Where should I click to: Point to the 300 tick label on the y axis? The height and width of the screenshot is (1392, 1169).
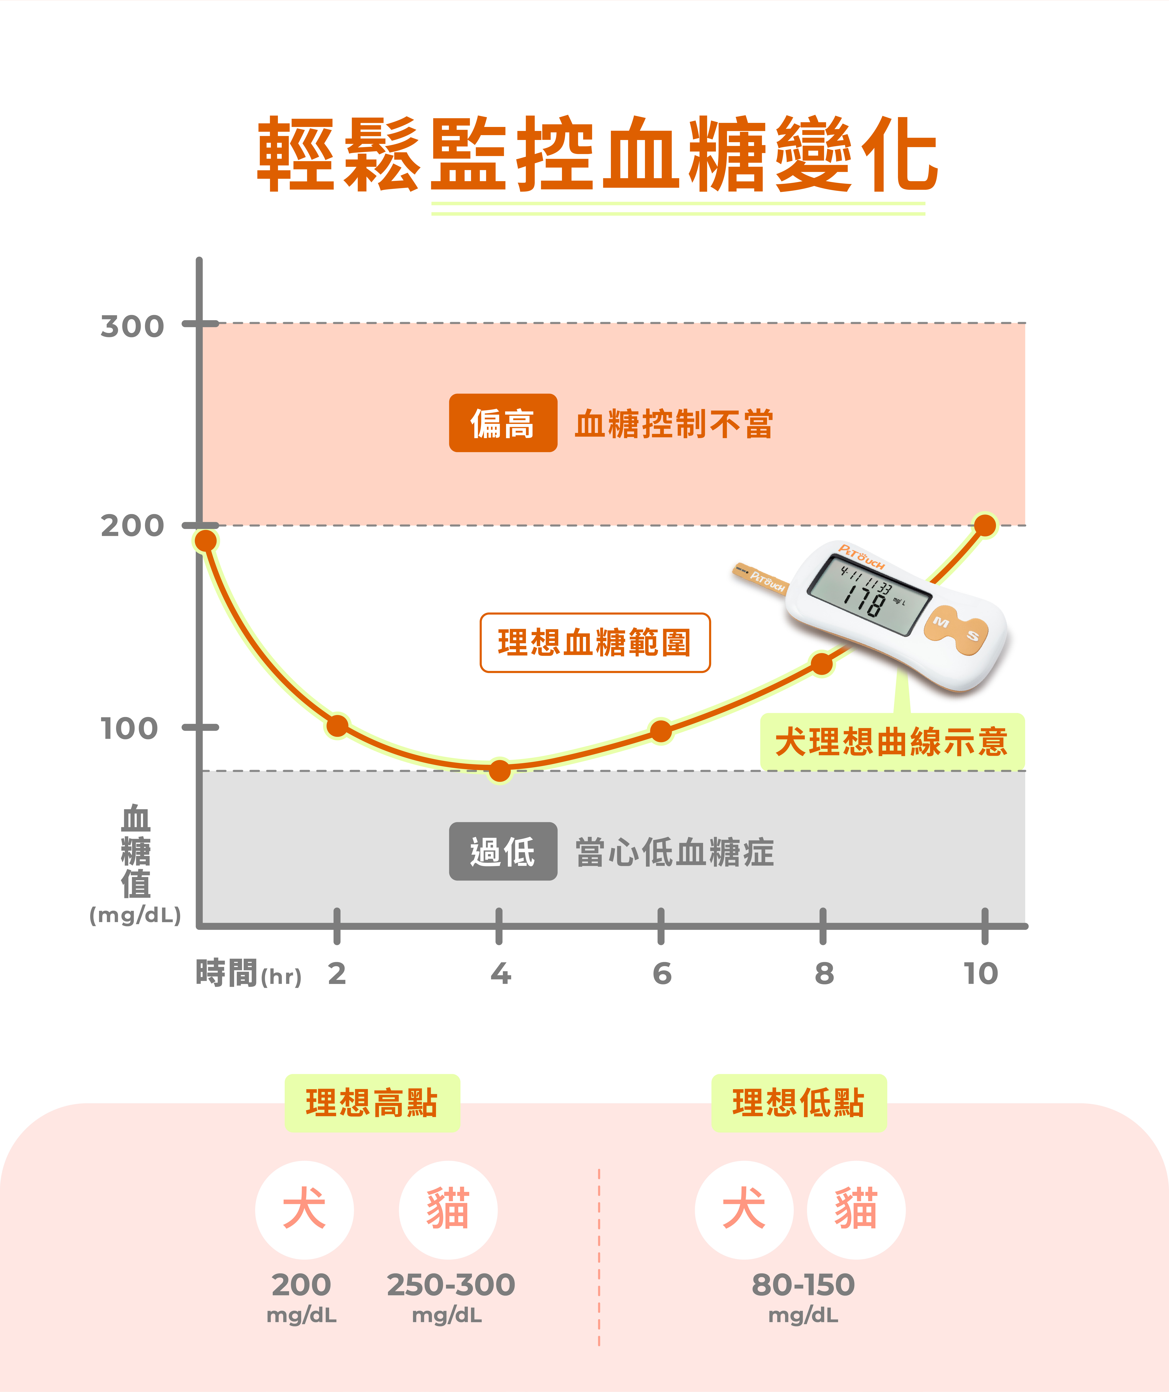coord(132,326)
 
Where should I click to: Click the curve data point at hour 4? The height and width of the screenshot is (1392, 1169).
coord(500,770)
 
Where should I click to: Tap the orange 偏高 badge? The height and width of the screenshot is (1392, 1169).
coord(503,423)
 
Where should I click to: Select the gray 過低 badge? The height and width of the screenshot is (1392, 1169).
coord(503,851)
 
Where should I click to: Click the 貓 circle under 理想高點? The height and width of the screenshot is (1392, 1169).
coord(448,1210)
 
